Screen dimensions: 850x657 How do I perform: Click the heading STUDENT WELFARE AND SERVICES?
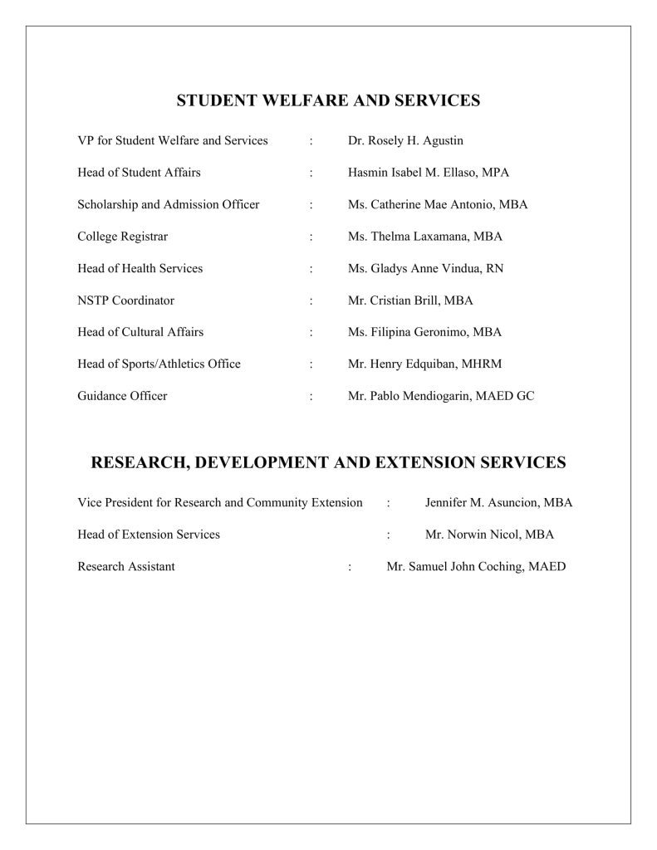point(328,101)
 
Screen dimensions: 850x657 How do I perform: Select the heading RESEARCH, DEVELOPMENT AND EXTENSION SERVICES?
point(328,462)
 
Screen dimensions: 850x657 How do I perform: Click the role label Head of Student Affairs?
point(139,173)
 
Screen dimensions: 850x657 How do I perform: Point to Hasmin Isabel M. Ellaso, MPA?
point(428,173)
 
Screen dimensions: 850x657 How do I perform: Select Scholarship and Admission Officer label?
point(168,204)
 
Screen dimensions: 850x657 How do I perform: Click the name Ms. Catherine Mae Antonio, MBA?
point(437,204)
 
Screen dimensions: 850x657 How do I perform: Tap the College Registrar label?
point(122,237)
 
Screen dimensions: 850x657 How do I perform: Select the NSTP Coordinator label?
point(125,300)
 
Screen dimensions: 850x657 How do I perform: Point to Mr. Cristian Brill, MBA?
point(410,300)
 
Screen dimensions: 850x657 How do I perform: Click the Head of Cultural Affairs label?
point(140,332)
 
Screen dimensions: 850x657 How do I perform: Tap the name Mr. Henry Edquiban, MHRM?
point(424,364)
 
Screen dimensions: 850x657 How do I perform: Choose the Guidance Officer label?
point(122,396)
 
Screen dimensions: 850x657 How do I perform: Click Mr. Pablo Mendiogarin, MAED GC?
point(440,396)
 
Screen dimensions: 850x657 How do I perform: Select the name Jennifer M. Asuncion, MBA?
point(498,502)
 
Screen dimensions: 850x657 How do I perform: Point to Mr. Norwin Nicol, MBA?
point(489,535)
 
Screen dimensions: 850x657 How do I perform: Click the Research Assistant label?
point(125,566)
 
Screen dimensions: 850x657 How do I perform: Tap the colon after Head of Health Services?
point(311,268)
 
